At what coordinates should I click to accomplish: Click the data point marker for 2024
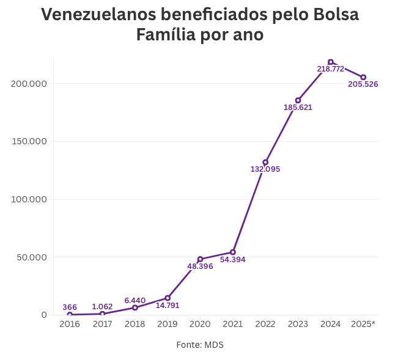pyautogui.click(x=331, y=62)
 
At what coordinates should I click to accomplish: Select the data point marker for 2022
pyautogui.click(x=265, y=163)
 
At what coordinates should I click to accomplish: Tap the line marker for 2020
pyautogui.click(x=200, y=259)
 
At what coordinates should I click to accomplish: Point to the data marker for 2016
pyautogui.click(x=70, y=315)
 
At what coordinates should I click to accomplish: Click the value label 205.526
pyautogui.click(x=363, y=84)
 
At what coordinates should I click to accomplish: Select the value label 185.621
pyautogui.click(x=298, y=108)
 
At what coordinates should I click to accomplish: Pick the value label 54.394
pyautogui.click(x=233, y=260)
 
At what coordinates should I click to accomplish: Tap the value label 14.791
pyautogui.click(x=168, y=306)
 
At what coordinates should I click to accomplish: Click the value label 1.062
pyautogui.click(x=102, y=307)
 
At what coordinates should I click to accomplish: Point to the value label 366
pyautogui.click(x=70, y=307)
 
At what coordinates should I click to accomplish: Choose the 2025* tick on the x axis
pyautogui.click(x=363, y=324)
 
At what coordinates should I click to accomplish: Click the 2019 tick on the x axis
pyautogui.click(x=168, y=324)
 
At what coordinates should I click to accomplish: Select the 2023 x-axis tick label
pyautogui.click(x=298, y=324)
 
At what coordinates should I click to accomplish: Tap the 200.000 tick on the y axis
pyautogui.click(x=29, y=83)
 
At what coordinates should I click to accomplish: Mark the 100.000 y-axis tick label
pyautogui.click(x=29, y=199)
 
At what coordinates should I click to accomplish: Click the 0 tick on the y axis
pyautogui.click(x=44, y=315)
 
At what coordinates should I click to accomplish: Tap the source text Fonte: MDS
pyautogui.click(x=200, y=345)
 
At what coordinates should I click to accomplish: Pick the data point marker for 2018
pyautogui.click(x=135, y=307)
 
